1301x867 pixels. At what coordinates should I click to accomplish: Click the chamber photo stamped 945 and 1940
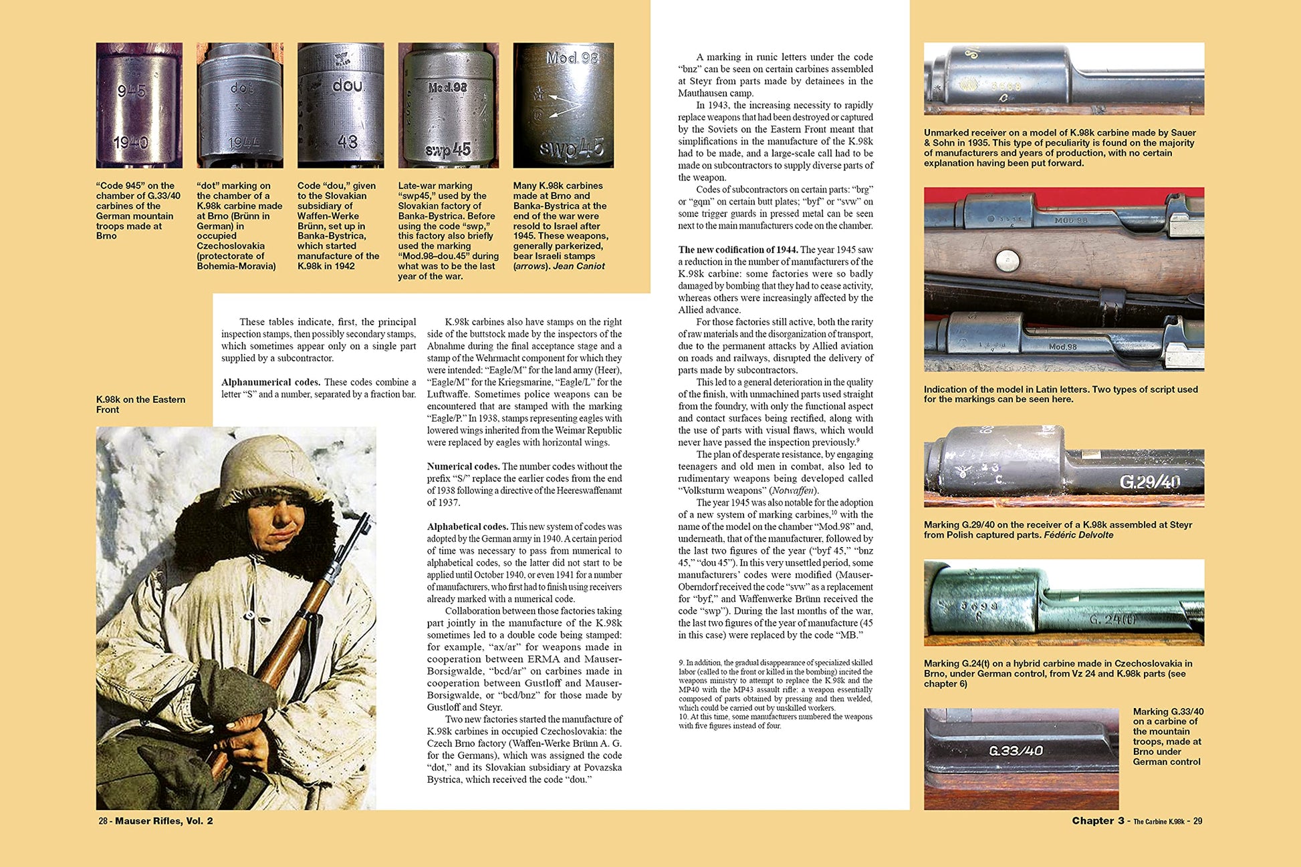pyautogui.click(x=139, y=106)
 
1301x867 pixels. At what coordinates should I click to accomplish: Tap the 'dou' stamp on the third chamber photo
pyautogui.click(x=347, y=86)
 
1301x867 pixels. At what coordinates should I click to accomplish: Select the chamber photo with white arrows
pyautogui.click(x=563, y=106)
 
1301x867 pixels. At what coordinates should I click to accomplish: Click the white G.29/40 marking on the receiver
pyautogui.click(x=1149, y=482)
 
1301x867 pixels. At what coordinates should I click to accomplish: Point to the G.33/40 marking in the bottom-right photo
pyautogui.click(x=1016, y=751)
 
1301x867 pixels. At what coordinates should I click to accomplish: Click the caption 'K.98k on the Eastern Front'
pyautogui.click(x=140, y=404)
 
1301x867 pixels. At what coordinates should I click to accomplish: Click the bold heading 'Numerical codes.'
pyautogui.click(x=463, y=466)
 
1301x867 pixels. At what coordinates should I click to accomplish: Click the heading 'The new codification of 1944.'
pyautogui.click(x=737, y=250)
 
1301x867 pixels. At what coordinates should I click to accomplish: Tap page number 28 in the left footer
pyautogui.click(x=103, y=821)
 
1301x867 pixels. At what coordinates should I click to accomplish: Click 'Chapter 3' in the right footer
pyautogui.click(x=1098, y=821)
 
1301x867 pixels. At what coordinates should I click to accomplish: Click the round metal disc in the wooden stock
pyautogui.click(x=1006, y=260)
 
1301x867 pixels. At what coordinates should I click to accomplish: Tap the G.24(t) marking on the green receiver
pyautogui.click(x=1112, y=619)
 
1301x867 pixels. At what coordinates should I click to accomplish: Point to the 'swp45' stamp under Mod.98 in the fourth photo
pyautogui.click(x=448, y=150)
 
